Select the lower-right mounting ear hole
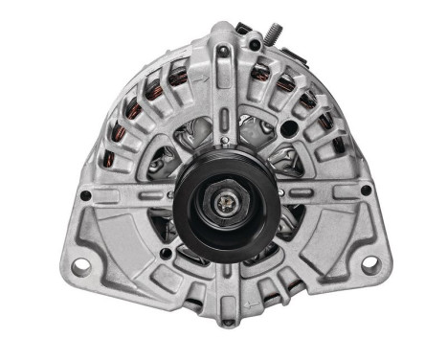369,261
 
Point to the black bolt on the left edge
85,195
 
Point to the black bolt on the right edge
363,195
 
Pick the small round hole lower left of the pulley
166,254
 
